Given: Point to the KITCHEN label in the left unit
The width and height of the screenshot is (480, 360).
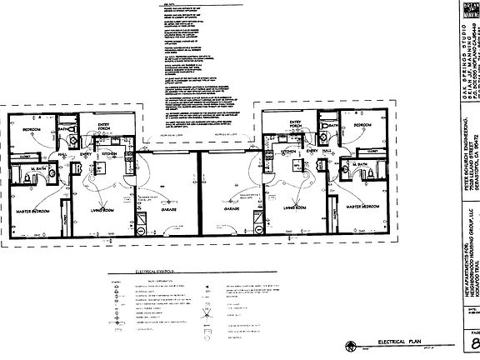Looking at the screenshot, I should tap(109, 154).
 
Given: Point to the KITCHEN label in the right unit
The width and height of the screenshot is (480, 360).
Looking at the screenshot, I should tap(290, 152).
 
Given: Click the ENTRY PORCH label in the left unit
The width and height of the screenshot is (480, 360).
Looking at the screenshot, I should tap(103, 127).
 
